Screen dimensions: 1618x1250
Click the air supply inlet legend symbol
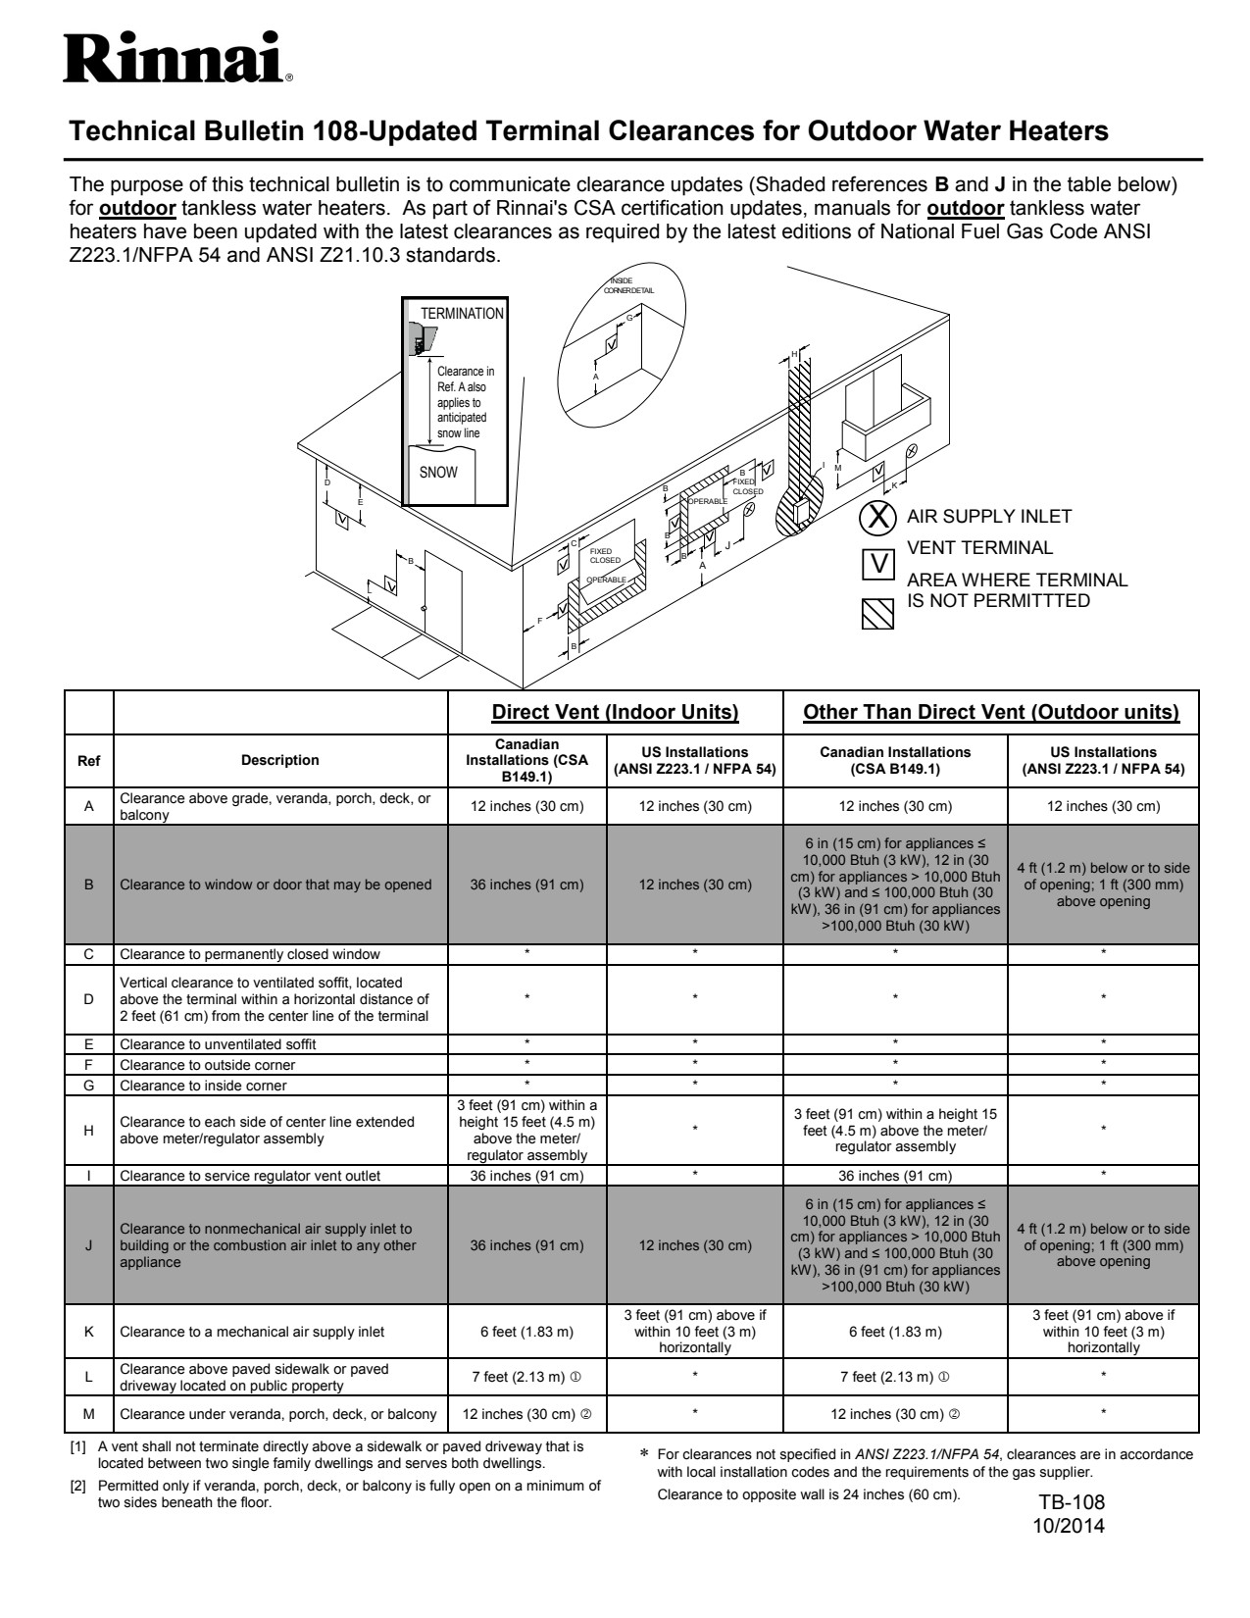click(x=879, y=516)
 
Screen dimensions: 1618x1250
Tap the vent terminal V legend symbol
click(x=879, y=563)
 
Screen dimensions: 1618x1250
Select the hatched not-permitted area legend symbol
click(x=877, y=613)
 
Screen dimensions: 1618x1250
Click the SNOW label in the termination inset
click(x=438, y=472)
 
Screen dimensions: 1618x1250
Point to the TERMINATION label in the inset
click(x=462, y=314)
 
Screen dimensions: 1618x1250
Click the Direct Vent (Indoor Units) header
click(x=615, y=712)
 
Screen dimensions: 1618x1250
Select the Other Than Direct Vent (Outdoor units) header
click(x=991, y=712)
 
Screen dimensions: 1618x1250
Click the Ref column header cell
click(x=88, y=760)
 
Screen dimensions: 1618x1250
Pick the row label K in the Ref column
click(x=88, y=1332)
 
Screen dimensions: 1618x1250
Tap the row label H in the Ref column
click(x=88, y=1130)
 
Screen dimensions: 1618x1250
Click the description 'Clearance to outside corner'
click(x=207, y=1065)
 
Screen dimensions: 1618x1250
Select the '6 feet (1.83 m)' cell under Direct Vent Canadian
click(x=526, y=1332)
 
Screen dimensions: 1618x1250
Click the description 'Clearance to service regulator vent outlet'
click(x=250, y=1176)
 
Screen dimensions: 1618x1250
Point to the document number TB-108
click(x=1072, y=1503)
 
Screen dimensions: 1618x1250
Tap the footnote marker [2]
click(x=78, y=1487)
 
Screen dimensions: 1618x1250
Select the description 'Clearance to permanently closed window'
click(x=249, y=954)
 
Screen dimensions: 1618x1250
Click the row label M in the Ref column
click(x=88, y=1414)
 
